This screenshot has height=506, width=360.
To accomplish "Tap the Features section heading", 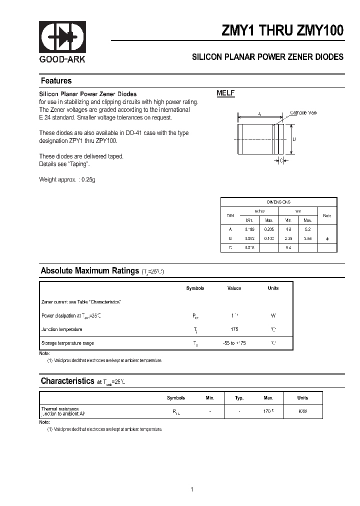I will [56, 81].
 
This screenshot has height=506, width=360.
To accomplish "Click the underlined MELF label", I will [225, 93].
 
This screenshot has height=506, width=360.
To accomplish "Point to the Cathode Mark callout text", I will [303, 113].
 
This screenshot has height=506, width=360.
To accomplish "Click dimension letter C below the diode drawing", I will [281, 160].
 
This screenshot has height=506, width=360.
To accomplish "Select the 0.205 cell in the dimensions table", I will [268, 230].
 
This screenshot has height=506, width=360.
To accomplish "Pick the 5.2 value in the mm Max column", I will [307, 230].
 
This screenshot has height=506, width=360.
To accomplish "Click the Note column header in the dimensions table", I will [327, 215].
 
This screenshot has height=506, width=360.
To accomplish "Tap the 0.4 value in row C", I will [288, 247].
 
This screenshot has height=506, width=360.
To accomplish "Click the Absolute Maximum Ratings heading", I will [89, 271].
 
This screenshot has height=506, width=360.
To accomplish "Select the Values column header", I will [234, 288].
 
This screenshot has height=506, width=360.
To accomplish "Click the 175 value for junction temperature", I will [234, 329].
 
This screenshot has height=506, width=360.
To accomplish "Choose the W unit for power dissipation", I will [273, 316].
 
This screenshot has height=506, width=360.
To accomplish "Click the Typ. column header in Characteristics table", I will [239, 398].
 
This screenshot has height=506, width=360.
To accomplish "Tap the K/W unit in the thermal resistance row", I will [302, 411].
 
